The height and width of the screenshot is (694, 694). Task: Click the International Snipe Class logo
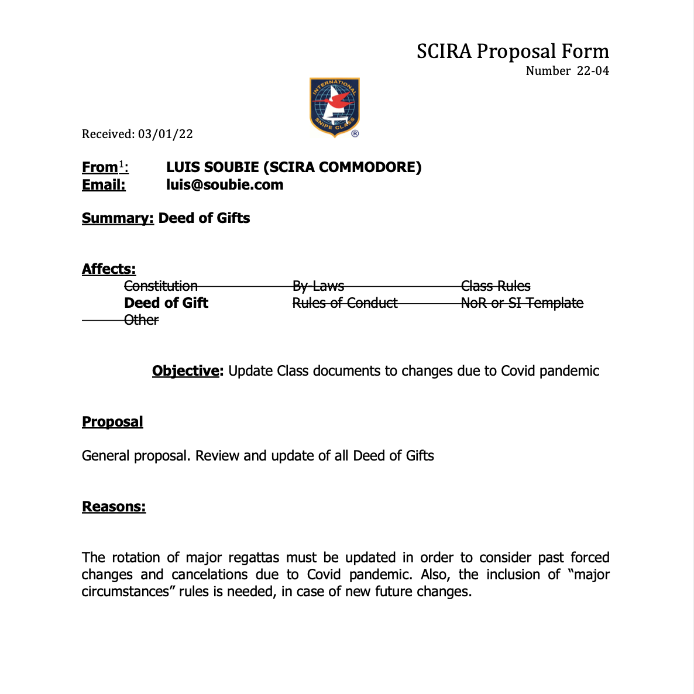[x=334, y=107]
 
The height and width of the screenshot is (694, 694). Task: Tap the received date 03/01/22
[x=166, y=134]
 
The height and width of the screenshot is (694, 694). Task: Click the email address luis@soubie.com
[x=225, y=185]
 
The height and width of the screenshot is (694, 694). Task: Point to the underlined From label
[x=100, y=167]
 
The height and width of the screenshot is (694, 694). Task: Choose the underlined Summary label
[x=118, y=218]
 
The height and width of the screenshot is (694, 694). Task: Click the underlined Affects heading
[x=109, y=269]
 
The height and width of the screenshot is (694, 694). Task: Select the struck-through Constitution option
[x=161, y=286]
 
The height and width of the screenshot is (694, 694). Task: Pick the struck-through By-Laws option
[x=318, y=286]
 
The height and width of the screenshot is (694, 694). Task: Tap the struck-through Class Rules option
[x=496, y=286]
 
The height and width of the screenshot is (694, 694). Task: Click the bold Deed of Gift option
[x=166, y=303]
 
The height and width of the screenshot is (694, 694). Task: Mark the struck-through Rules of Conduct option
[x=345, y=303]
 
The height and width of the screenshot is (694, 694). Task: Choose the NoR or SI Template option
[x=522, y=303]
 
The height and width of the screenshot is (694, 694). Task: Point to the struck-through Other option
[x=141, y=320]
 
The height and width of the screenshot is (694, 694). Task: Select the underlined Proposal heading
[x=112, y=422]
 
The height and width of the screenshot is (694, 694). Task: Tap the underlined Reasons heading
[x=114, y=507]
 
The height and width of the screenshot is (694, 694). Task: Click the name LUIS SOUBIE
[x=212, y=167]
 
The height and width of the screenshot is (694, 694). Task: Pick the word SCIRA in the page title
[x=444, y=51]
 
